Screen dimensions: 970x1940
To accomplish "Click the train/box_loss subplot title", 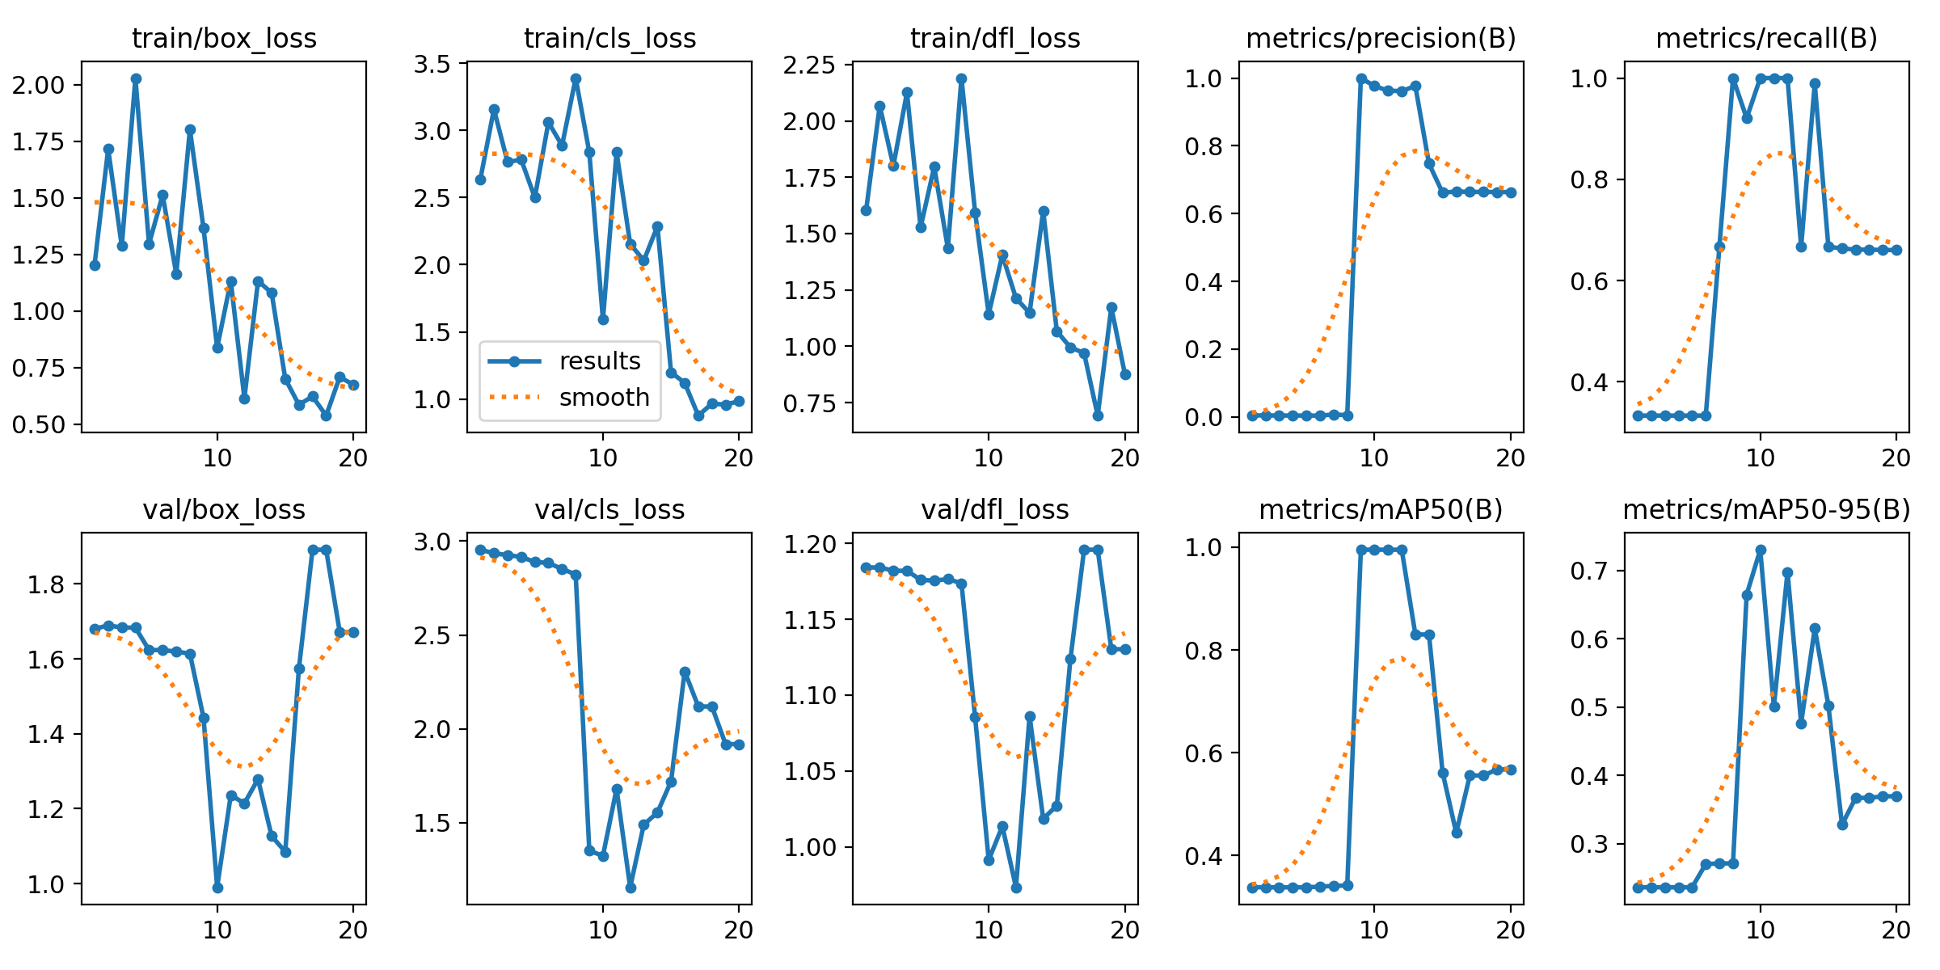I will (x=224, y=38).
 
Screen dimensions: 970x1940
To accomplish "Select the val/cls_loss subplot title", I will (x=609, y=509).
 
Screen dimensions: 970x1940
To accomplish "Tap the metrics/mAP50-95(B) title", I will (x=1766, y=509).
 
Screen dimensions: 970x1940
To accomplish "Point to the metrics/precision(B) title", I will (x=1381, y=38).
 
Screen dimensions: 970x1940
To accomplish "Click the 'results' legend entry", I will (x=599, y=361).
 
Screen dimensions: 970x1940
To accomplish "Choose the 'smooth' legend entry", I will (x=604, y=397).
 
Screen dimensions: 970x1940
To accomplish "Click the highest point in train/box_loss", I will (x=136, y=79).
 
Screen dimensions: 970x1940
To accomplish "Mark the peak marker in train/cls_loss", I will (x=576, y=79).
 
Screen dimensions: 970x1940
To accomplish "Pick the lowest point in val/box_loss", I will (x=217, y=888).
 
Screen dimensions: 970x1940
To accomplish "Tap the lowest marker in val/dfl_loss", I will (x=1016, y=888).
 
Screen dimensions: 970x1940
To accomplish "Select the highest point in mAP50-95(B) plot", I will (x=1761, y=550).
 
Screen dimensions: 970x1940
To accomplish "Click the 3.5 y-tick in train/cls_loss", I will (x=432, y=64).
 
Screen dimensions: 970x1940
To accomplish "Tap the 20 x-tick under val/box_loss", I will (x=353, y=930).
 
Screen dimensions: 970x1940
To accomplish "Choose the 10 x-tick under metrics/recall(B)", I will (x=1761, y=458).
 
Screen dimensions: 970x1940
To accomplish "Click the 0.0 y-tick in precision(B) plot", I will (x=1204, y=417).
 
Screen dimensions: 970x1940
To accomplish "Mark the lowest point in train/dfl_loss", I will (x=1098, y=415).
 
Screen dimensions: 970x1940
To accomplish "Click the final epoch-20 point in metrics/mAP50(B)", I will (x=1510, y=770).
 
